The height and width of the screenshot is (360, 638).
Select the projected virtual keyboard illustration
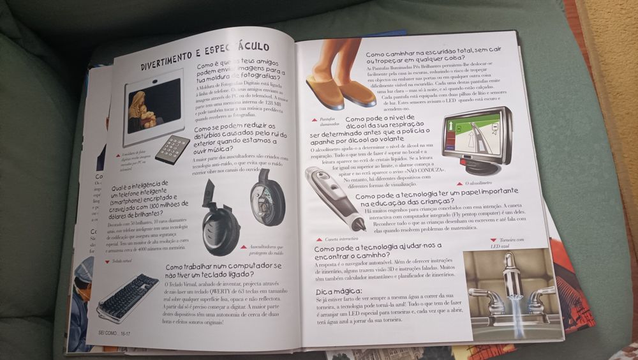tap(128, 297)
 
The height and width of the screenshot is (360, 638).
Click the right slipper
tap(358, 93)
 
